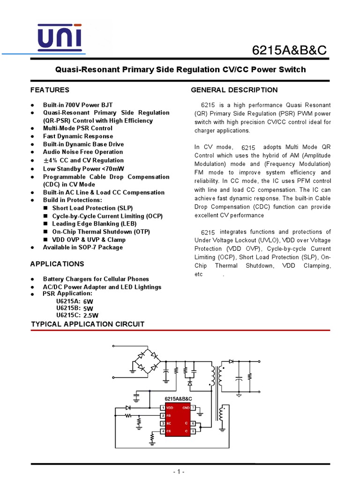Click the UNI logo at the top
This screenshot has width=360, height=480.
(x=60, y=37)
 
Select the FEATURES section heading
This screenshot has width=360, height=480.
(x=50, y=90)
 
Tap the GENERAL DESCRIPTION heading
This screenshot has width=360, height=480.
(x=234, y=90)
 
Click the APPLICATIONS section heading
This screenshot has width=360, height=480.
(x=57, y=264)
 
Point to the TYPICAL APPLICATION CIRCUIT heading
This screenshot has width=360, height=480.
(x=88, y=324)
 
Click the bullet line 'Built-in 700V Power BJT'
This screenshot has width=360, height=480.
(x=78, y=105)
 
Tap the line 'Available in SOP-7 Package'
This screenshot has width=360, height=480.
(x=83, y=247)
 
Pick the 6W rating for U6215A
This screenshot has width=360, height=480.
(x=88, y=301)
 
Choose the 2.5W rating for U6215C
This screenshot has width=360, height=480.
(x=91, y=315)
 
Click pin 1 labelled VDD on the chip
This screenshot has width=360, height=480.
(x=163, y=408)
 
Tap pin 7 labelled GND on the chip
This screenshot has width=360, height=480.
(x=193, y=408)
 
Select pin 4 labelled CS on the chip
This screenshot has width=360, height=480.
(x=163, y=431)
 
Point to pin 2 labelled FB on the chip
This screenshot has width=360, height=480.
(x=163, y=416)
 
